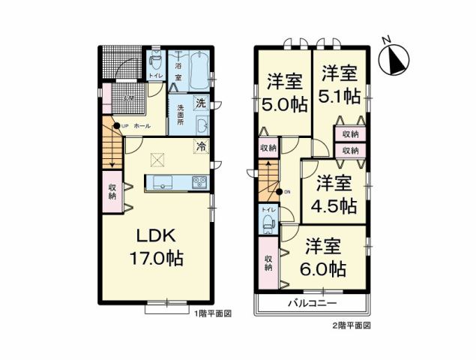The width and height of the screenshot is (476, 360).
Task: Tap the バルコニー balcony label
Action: click(x=313, y=304)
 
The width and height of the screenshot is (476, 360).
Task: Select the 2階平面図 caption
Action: click(x=352, y=325)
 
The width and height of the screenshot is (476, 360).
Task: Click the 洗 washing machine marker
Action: click(x=200, y=103)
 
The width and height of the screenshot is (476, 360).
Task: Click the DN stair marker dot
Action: click(x=279, y=192)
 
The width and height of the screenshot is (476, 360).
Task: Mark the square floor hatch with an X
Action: click(x=157, y=159)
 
